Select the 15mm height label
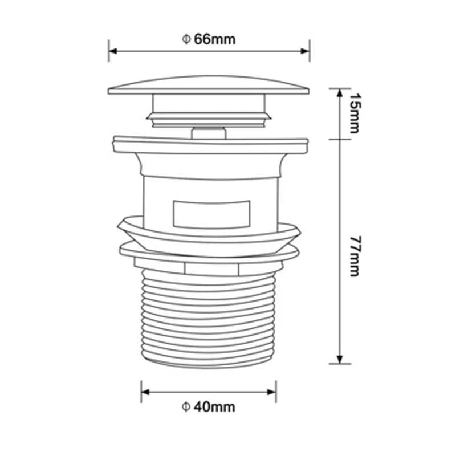point(353,113)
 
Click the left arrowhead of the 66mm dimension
point(112,51)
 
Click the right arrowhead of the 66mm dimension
point(306,51)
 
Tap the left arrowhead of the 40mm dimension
point(145,392)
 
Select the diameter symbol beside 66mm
point(186,39)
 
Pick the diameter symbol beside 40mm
point(186,407)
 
